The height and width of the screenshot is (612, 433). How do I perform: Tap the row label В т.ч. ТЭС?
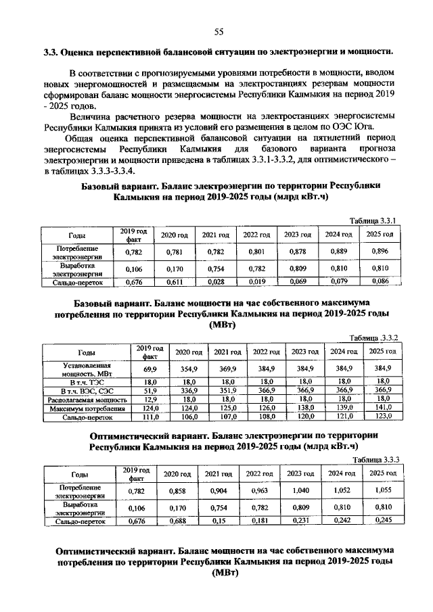point(86,382)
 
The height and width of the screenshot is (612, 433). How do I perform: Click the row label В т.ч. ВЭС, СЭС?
point(86,391)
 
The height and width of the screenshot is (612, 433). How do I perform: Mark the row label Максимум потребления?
point(86,408)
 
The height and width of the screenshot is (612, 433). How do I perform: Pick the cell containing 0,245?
point(380,521)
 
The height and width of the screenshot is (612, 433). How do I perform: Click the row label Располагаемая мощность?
point(86,400)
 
